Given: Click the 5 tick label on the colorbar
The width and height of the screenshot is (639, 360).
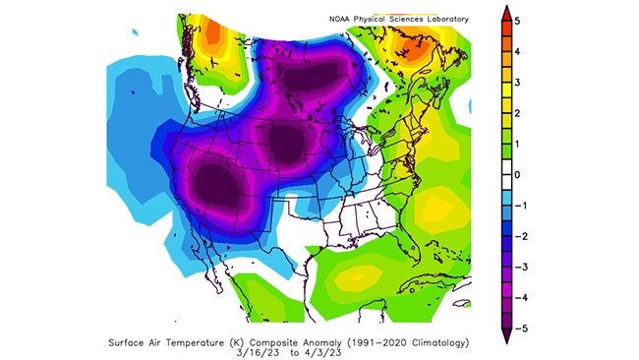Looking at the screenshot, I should coord(515,20).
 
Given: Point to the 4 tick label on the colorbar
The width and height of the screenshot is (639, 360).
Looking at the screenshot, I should coord(515,51).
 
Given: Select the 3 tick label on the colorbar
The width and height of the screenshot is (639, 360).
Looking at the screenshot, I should coord(515,82).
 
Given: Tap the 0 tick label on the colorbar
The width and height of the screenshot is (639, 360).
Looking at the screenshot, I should coord(515,175).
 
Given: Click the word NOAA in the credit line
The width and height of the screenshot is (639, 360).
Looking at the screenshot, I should coord(342,19).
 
